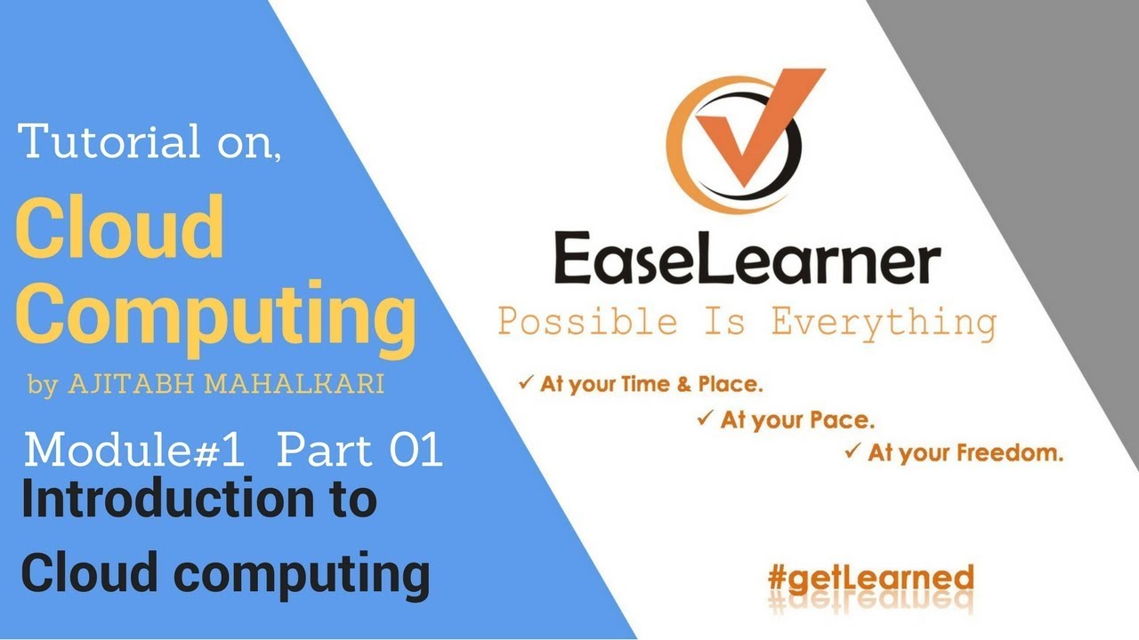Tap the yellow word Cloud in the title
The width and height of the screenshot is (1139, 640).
tap(120, 228)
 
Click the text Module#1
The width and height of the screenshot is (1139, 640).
tap(134, 452)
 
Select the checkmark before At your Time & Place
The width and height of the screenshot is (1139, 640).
tap(526, 384)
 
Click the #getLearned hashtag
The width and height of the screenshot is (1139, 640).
tap(870, 578)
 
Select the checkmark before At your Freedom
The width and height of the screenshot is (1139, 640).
tap(852, 451)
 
